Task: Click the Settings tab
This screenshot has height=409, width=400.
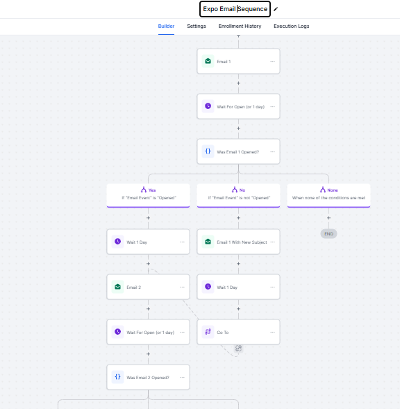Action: coord(197,26)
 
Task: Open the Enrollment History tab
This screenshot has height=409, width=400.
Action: coord(240,26)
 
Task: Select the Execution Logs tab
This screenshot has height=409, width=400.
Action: coord(291,26)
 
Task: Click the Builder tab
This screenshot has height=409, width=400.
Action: coord(166,26)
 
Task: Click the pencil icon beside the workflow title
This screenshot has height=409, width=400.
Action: coord(276,9)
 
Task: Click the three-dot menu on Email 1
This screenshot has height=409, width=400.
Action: coord(272,61)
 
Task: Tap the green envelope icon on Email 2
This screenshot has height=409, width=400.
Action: coord(117,287)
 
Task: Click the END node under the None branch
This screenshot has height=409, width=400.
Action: coord(328,234)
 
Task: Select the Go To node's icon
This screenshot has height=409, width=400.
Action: coord(208,332)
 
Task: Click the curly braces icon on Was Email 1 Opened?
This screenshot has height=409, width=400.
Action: coord(208,151)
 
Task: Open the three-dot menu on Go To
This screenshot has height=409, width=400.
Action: coord(272,332)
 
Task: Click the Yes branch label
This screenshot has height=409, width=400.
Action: coord(152,190)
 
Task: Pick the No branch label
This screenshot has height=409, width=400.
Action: coord(242,190)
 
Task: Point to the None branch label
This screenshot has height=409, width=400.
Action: coord(333,190)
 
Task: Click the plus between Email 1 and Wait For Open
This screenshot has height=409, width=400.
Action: coord(238,83)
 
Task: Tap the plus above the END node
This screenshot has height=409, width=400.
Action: coord(328,218)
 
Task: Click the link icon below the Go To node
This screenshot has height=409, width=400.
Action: coord(238,348)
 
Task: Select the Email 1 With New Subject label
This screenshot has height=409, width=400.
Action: coord(242,242)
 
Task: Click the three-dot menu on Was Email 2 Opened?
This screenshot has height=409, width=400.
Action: coord(182,377)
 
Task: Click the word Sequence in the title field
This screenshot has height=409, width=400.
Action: coord(252,9)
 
